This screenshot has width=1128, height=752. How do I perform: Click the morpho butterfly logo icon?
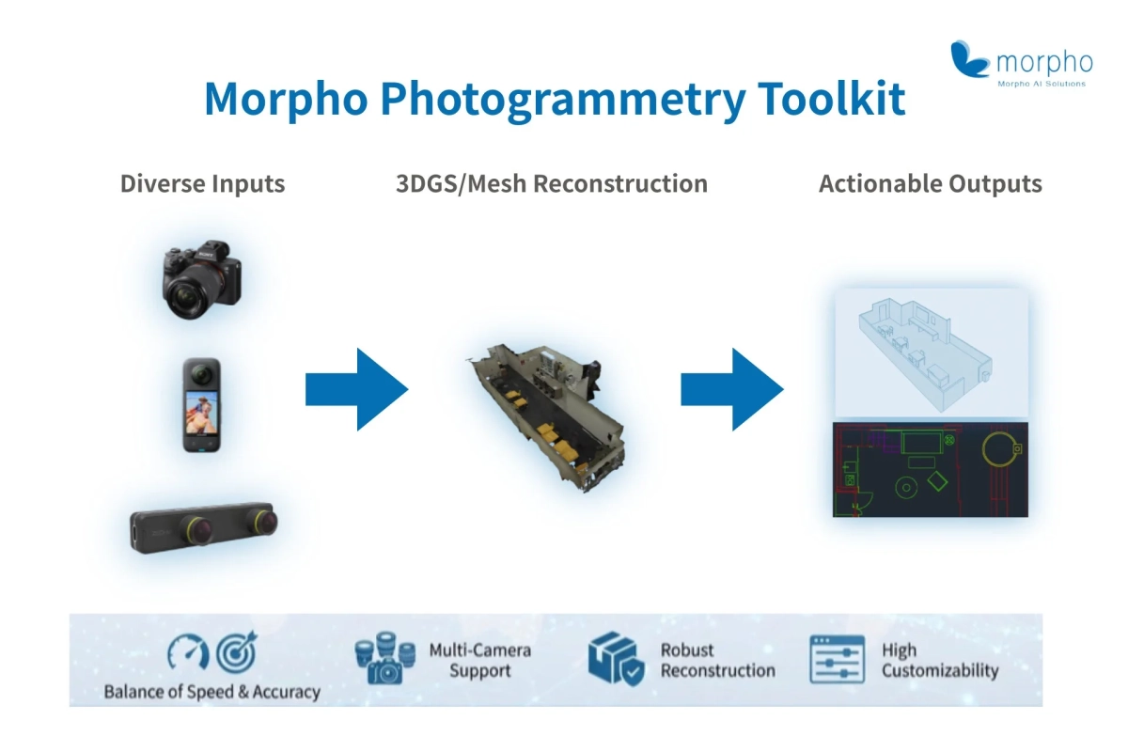[970, 59]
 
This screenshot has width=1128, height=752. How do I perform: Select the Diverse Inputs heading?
[202, 183]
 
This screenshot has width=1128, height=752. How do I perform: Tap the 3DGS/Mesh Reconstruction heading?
[552, 183]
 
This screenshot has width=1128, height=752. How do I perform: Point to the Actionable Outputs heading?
[930, 183]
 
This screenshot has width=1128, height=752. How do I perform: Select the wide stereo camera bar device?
[203, 528]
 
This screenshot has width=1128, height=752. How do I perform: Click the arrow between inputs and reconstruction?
[356, 389]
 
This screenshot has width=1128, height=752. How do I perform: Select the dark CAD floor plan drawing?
[930, 469]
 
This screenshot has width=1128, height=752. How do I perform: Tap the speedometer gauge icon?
[187, 653]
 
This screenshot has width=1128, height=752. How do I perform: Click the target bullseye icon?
[235, 652]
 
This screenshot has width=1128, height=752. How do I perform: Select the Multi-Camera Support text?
[479, 660]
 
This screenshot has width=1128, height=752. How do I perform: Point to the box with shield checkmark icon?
[616, 659]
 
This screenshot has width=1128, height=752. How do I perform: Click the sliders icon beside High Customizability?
[836, 659]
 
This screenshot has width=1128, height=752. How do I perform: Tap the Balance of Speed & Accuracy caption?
[211, 692]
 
